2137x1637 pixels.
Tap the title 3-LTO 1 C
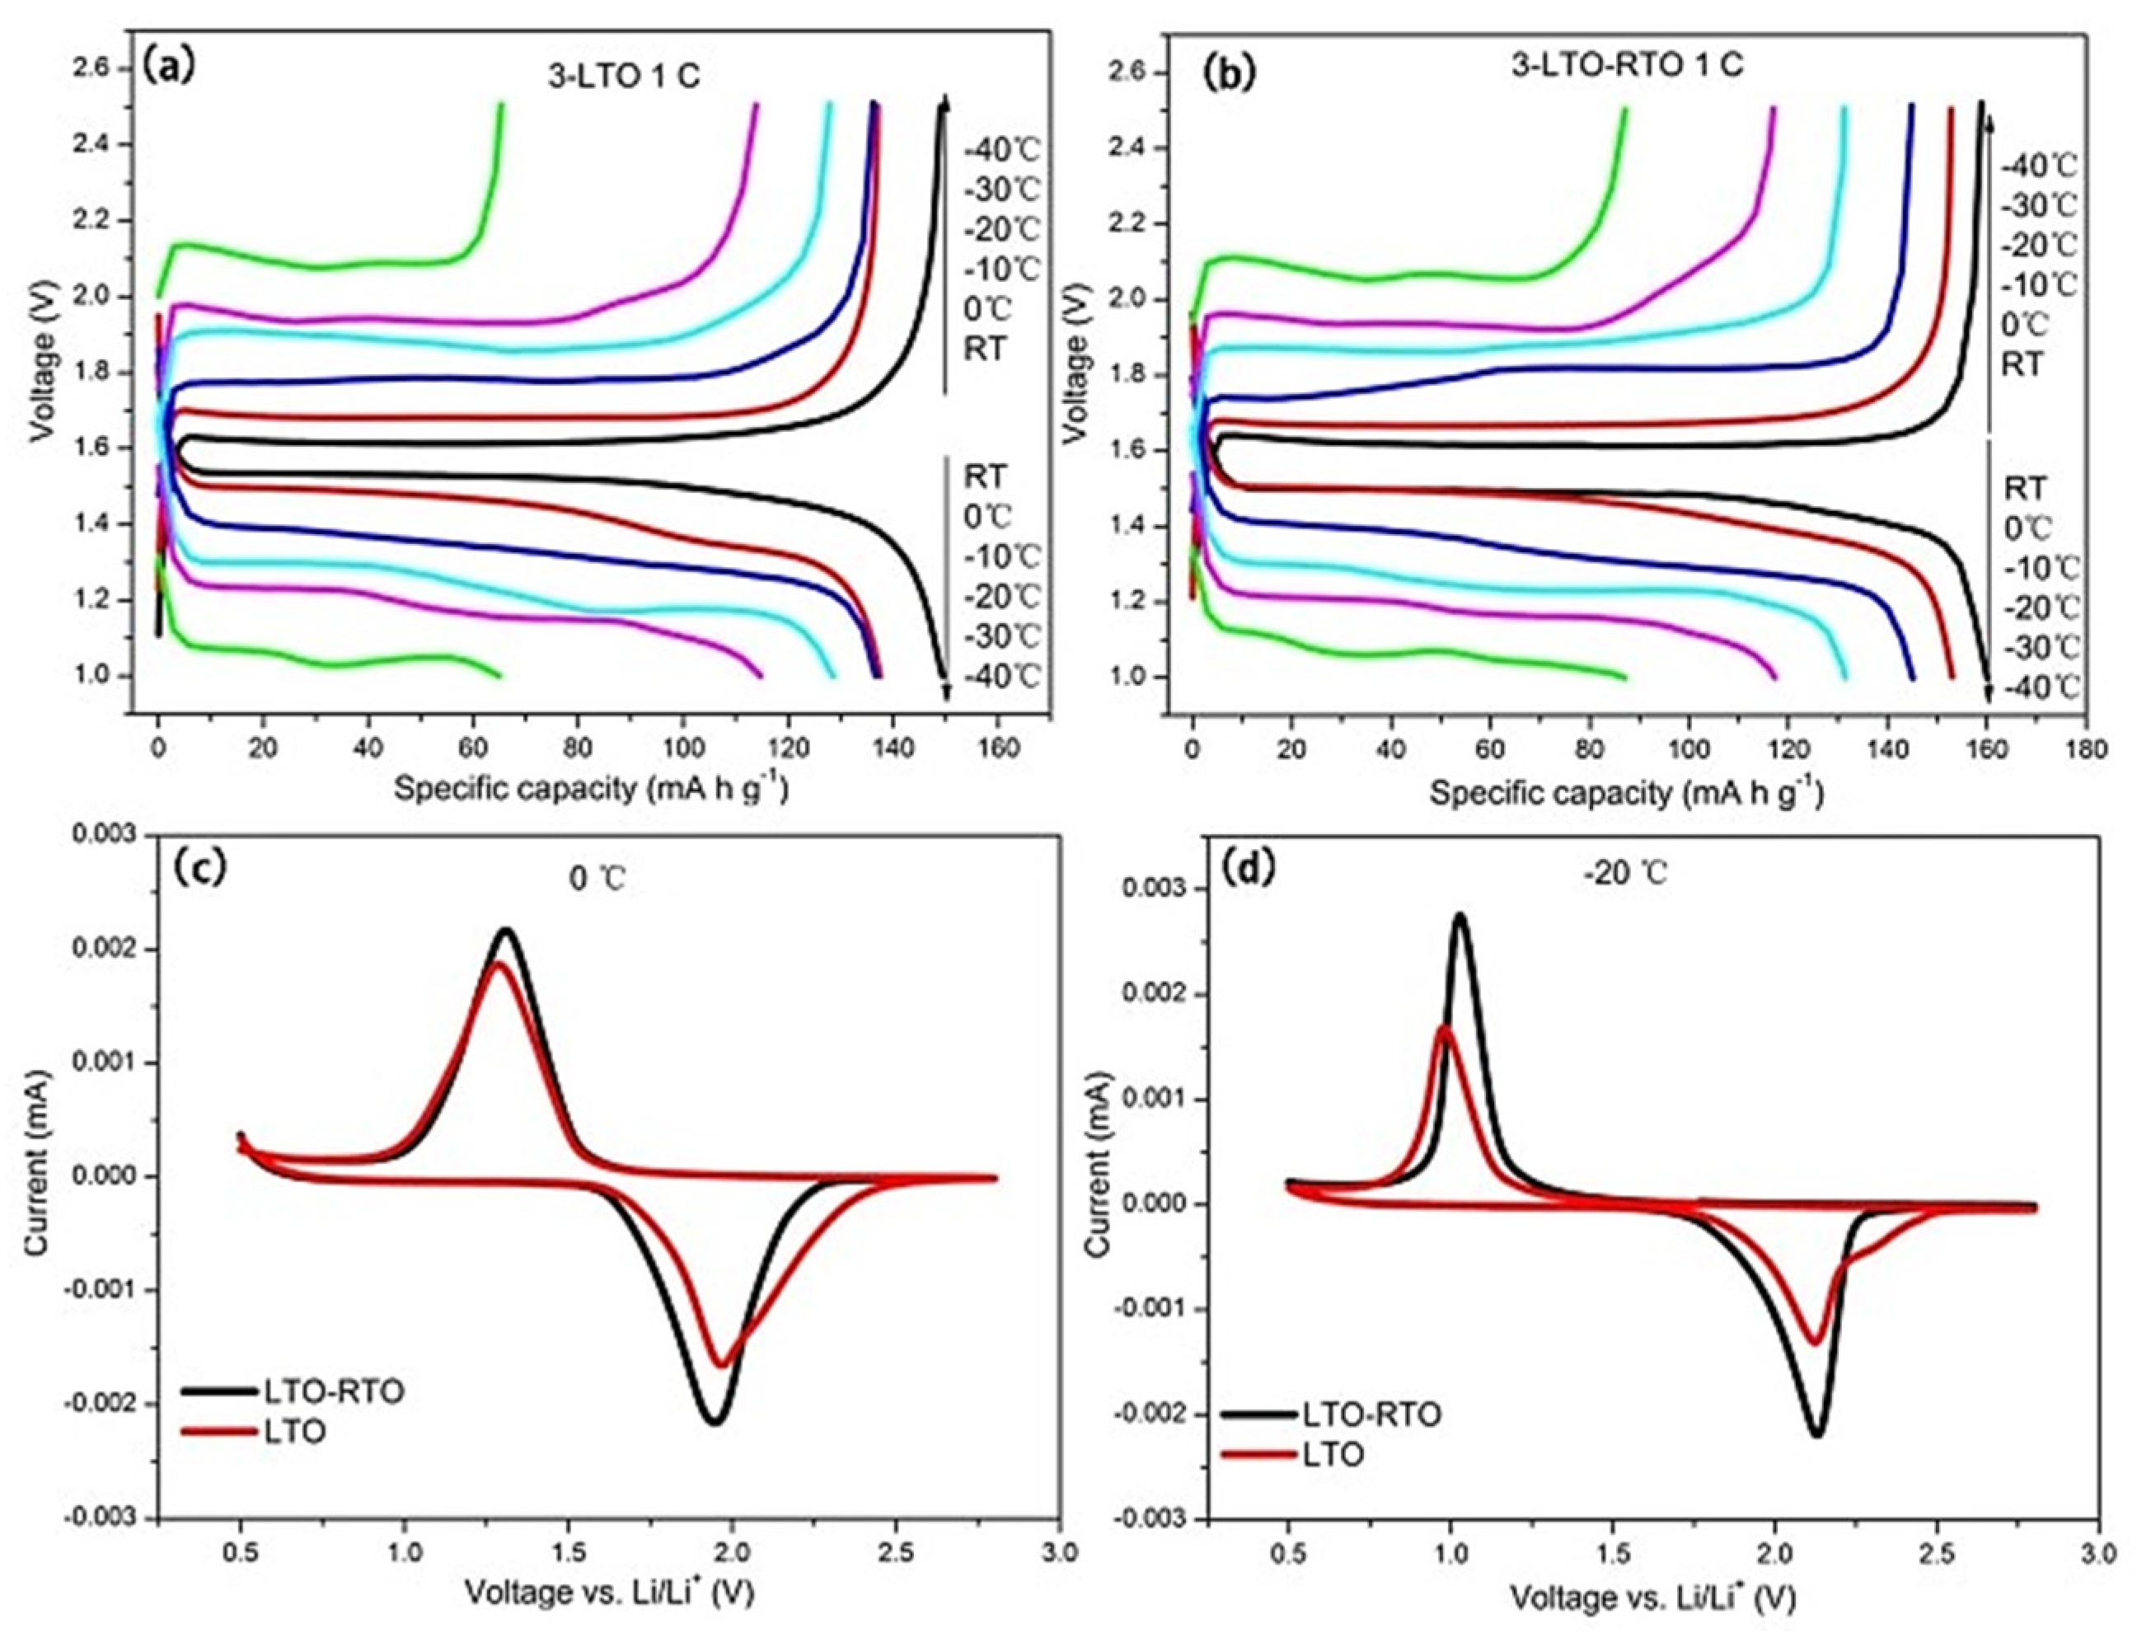pos(625,77)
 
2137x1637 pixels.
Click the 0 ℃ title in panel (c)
pos(595,879)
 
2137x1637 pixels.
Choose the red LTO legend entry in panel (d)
pos(1333,1454)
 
